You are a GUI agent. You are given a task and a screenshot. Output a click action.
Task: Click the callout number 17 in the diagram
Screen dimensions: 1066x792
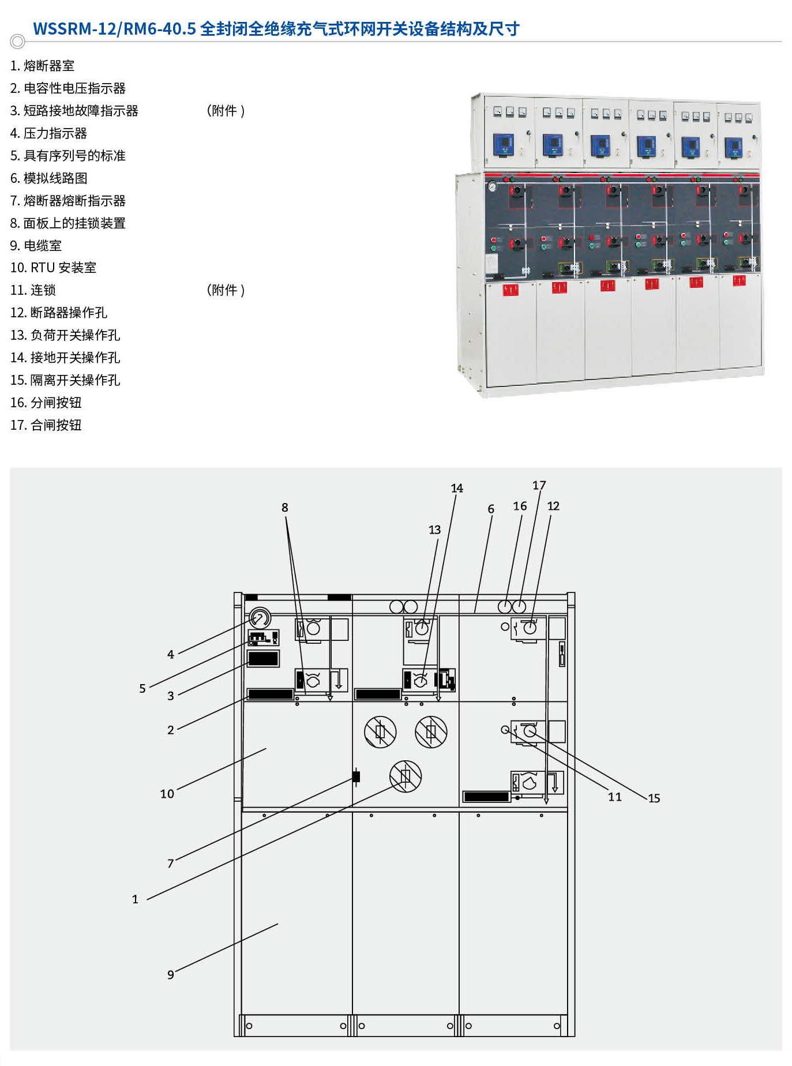[x=539, y=485]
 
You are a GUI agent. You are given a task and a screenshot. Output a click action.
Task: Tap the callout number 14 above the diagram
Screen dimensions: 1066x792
[x=456, y=488]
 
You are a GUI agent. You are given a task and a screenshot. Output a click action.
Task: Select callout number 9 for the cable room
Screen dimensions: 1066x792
[x=170, y=974]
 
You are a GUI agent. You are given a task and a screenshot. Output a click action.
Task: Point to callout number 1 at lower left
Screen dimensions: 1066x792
[x=135, y=899]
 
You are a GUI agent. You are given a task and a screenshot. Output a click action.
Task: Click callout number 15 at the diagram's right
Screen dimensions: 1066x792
[x=654, y=798]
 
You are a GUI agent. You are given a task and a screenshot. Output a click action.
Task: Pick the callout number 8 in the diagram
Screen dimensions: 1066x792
[x=284, y=507]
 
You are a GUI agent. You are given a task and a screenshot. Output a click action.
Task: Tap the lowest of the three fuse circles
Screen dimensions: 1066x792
[x=406, y=776]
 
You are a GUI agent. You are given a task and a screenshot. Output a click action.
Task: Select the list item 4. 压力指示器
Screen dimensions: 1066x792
[x=48, y=133]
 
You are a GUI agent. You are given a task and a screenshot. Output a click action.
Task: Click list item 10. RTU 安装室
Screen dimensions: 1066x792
[x=53, y=268]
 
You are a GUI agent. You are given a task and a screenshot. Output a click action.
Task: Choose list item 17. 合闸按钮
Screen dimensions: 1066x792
[x=46, y=425]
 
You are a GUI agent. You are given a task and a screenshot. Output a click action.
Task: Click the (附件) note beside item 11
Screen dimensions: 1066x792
[x=226, y=290]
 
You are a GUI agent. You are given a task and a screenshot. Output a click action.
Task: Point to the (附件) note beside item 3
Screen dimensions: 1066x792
[x=226, y=111]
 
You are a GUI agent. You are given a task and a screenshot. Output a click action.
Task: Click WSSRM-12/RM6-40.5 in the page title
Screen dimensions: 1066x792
[x=114, y=29]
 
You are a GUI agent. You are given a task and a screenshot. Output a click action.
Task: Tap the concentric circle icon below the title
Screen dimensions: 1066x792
[x=18, y=42]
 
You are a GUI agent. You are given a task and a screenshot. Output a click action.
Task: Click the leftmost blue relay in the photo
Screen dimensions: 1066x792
[x=503, y=144]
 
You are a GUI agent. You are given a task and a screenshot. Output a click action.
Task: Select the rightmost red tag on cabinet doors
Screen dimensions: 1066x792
[x=739, y=281]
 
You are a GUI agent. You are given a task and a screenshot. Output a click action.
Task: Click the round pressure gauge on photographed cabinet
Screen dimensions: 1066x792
[x=492, y=186]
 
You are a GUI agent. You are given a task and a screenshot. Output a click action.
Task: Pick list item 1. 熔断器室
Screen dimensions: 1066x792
[x=42, y=66]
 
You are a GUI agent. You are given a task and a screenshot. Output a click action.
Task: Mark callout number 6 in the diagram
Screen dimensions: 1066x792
[x=490, y=509]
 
